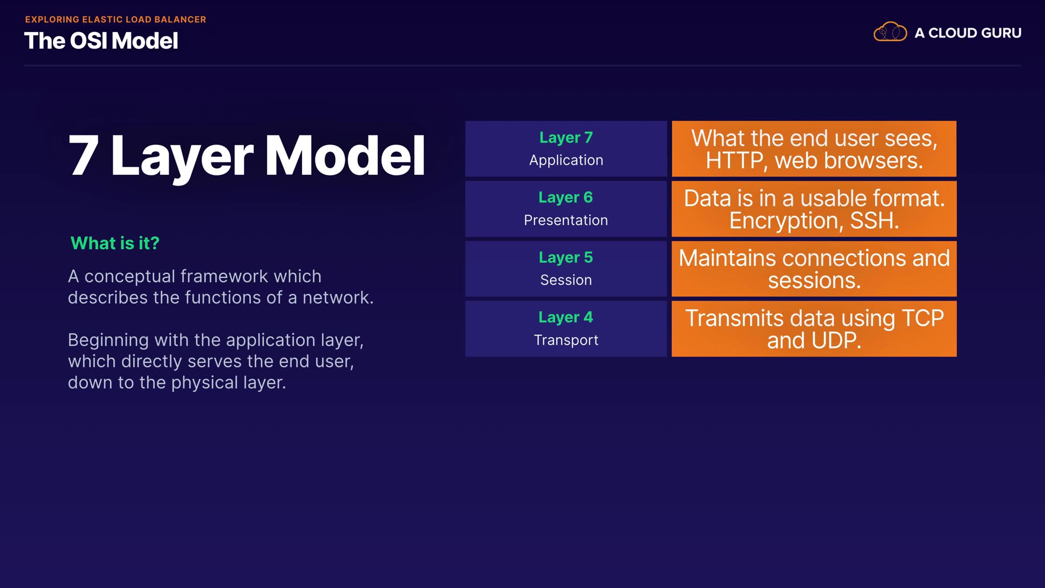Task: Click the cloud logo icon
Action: click(x=890, y=32)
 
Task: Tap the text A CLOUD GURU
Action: click(x=968, y=33)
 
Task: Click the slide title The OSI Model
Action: click(x=101, y=41)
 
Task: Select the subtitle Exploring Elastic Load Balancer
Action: click(x=115, y=20)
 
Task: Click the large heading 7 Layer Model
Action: click(x=247, y=156)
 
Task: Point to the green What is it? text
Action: click(x=115, y=243)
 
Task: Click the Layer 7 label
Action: click(x=566, y=138)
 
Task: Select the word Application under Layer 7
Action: click(x=566, y=161)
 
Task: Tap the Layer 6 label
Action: click(x=565, y=198)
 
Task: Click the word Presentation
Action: click(x=566, y=220)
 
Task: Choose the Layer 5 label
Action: click(x=566, y=258)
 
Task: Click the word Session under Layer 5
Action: click(x=566, y=280)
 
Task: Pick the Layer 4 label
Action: click(x=565, y=317)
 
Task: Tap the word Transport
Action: click(x=566, y=340)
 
